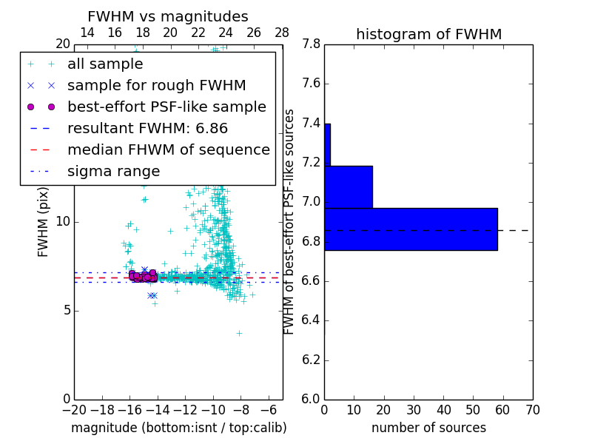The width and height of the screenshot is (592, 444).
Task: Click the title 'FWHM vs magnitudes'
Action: pos(167,16)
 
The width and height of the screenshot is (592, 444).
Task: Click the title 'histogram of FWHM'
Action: pos(428,34)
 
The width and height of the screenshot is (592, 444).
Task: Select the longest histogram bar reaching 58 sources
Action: pos(411,229)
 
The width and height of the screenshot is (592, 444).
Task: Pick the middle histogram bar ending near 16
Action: pos(348,187)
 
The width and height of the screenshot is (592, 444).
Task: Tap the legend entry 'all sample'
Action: pos(105,64)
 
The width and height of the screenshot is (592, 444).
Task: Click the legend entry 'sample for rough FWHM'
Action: pos(156,86)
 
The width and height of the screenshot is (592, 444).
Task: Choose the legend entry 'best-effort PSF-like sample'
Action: pos(166,107)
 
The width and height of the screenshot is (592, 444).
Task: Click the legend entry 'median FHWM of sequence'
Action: pos(168,150)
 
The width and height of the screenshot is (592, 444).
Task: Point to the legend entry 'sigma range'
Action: pos(113,172)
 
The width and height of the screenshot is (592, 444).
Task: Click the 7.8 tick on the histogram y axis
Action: pos(310,44)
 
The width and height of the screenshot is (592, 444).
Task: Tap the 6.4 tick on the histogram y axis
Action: pos(310,320)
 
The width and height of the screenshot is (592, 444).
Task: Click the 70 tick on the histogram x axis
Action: pos(532,410)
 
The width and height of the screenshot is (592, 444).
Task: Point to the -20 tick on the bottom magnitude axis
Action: pos(74,410)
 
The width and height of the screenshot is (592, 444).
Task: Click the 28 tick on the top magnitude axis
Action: pos(282,33)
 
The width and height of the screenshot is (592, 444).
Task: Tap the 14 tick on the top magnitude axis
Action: pos(87,33)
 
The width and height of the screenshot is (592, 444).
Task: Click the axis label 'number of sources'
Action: pos(428,428)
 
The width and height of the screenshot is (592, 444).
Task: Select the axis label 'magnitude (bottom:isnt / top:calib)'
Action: pos(178,428)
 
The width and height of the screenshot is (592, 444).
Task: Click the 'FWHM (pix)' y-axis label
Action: pos(44,221)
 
